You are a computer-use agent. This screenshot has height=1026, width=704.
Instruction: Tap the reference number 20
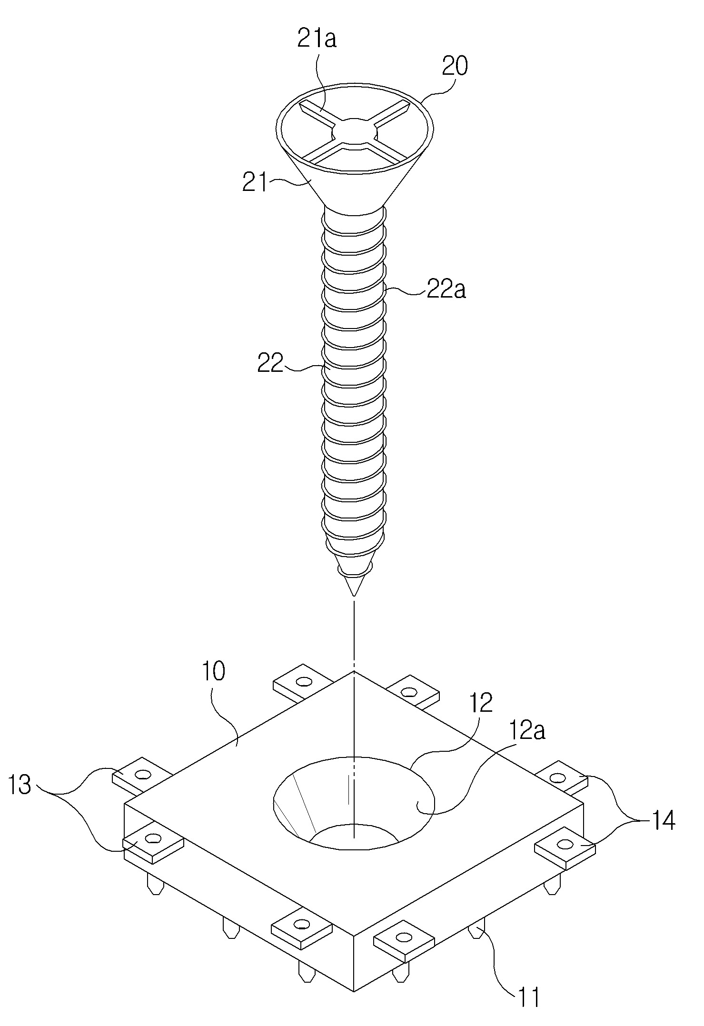455,66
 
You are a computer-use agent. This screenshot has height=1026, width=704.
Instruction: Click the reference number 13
20,785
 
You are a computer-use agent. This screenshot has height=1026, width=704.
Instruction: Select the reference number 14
662,820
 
